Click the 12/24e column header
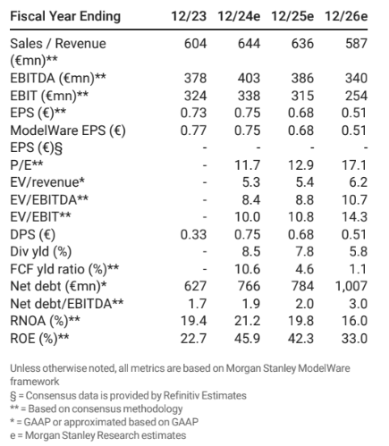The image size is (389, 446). (239, 16)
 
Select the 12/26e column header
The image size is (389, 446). (346, 16)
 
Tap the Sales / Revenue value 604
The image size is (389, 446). (195, 44)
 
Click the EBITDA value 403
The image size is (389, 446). (249, 78)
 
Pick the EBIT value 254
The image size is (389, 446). (356, 96)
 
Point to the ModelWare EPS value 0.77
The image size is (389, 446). (193, 130)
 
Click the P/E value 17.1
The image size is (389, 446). (354, 165)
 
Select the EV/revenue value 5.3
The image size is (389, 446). (251, 182)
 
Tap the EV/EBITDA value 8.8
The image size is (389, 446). (305, 199)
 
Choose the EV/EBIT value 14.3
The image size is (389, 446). (354, 216)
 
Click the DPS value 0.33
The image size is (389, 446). (193, 234)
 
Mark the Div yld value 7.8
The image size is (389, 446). (305, 251)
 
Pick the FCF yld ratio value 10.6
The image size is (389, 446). (248, 269)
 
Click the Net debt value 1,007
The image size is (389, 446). (351, 286)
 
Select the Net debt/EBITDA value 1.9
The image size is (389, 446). (251, 304)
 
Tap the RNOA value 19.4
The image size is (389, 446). (194, 321)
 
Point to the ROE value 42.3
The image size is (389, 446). (300, 339)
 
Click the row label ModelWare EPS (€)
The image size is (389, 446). (68, 130)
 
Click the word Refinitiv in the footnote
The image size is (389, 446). (182, 396)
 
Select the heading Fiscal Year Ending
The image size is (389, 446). (65, 16)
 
